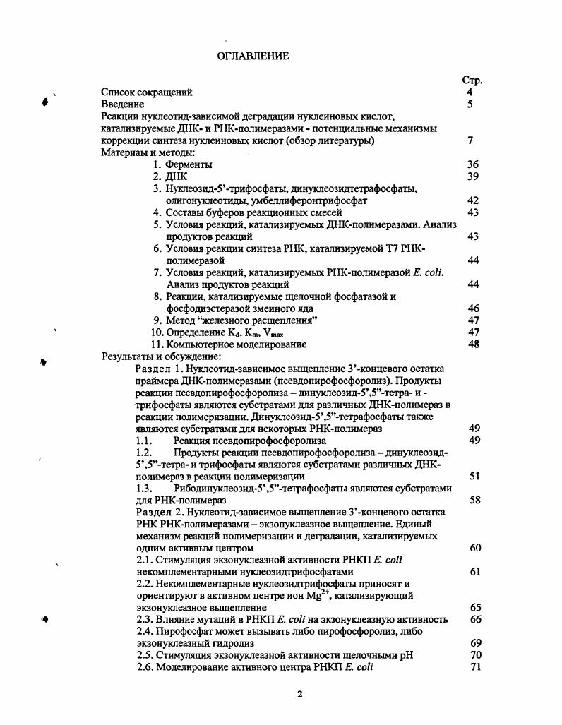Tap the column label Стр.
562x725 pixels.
471,80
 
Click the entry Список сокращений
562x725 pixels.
147,92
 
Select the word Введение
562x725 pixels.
123,104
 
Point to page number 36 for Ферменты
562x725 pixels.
472,164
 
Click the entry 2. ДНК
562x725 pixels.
169,176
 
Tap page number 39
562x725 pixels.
472,176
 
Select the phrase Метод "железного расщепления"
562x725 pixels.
241,320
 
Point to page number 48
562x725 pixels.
472,344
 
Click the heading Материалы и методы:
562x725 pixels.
148,152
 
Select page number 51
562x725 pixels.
474,476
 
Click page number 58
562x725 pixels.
474,500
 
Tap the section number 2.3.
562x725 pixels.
144,619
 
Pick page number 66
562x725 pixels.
474,619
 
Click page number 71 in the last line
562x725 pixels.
474,667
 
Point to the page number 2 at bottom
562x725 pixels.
299,695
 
